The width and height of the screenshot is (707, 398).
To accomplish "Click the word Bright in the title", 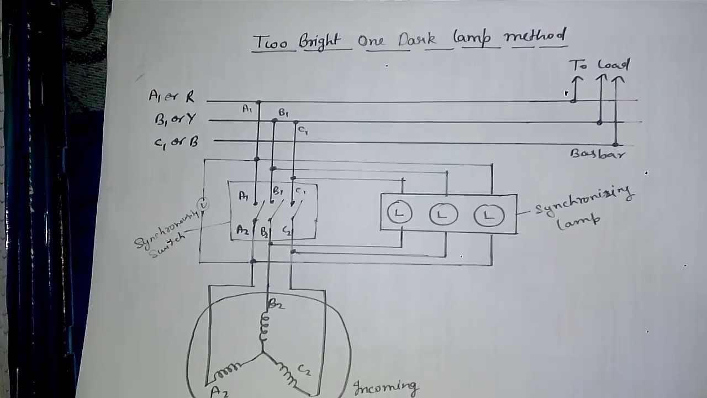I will [x=321, y=41].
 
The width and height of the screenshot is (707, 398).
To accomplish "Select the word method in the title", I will [x=535, y=37].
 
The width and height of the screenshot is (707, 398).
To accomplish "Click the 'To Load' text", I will [x=599, y=65].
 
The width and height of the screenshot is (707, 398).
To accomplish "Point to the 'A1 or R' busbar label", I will [x=172, y=97].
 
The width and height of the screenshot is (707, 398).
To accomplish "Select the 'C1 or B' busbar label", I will [x=176, y=142].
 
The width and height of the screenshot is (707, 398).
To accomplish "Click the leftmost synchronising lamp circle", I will [x=399, y=213].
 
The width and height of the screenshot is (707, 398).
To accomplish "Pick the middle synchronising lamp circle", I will [x=444, y=214].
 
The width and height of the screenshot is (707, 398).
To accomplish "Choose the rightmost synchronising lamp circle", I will [x=489, y=214].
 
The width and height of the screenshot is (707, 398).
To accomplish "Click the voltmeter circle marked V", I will [x=204, y=205].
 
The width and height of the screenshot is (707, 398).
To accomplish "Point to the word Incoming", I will [x=386, y=387].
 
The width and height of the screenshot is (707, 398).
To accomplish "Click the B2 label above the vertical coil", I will [x=276, y=303].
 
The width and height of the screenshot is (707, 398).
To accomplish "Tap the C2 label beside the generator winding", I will [x=304, y=369].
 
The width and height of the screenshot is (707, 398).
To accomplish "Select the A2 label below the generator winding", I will [x=219, y=391].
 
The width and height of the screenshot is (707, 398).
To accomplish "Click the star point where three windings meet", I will [x=263, y=352].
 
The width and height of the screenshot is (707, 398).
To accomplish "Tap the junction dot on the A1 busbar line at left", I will [x=258, y=102].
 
